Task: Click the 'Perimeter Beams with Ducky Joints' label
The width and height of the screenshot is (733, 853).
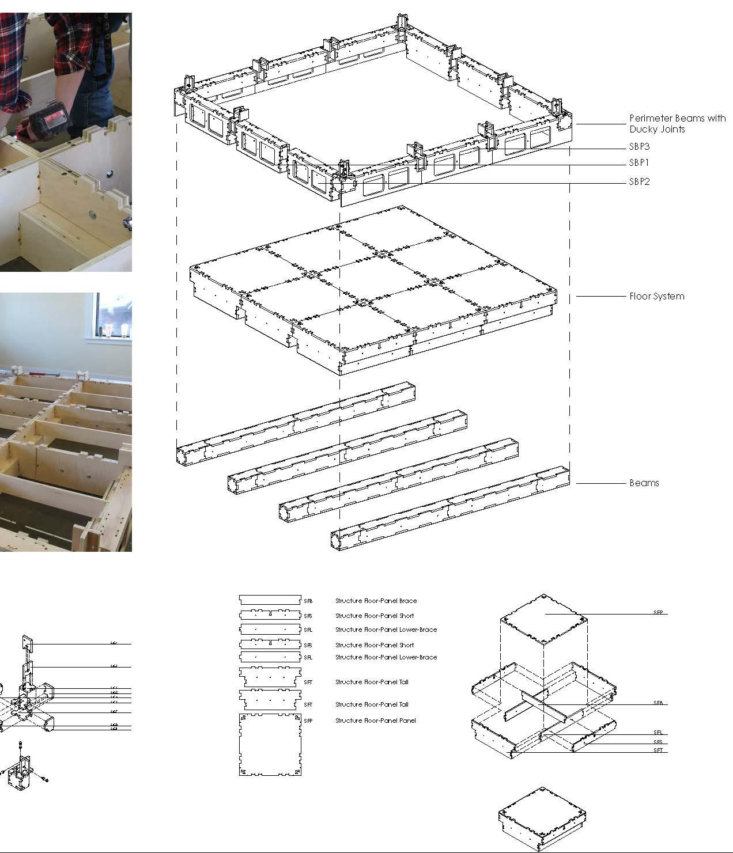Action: tap(677, 124)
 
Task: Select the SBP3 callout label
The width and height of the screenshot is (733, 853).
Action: tap(639, 147)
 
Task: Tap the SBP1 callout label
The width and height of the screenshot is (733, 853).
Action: tap(639, 163)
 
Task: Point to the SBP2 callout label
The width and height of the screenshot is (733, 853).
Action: tap(639, 182)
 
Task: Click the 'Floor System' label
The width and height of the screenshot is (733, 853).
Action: tap(656, 297)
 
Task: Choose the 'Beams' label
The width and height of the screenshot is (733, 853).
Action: tap(644, 483)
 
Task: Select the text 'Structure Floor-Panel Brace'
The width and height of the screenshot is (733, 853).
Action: tap(376, 601)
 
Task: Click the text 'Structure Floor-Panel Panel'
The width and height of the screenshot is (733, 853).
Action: tap(375, 721)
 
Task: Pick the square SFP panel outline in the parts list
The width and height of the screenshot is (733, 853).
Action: tap(270, 745)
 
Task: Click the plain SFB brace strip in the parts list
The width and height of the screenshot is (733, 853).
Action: tap(270, 600)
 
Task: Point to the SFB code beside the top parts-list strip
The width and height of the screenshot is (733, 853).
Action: tap(308, 601)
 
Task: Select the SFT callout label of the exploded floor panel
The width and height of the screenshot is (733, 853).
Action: tap(658, 750)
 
